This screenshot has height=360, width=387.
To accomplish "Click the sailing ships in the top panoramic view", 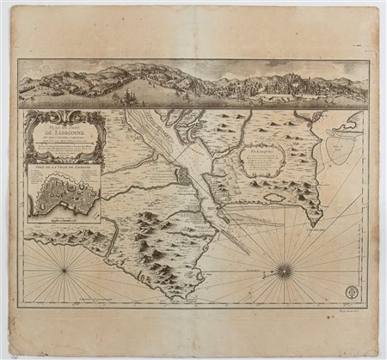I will click(x=129, y=93).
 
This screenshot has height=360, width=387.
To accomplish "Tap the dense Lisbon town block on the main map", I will click(x=183, y=177).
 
